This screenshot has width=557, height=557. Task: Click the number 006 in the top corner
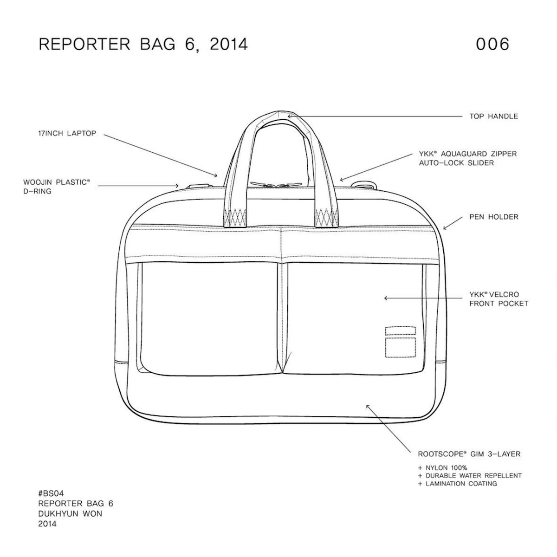(x=492, y=44)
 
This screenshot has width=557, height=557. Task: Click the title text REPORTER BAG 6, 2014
(x=143, y=44)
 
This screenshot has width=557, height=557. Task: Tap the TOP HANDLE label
(x=493, y=116)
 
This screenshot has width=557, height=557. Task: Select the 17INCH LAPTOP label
(x=67, y=133)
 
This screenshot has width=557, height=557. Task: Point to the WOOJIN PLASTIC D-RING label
(x=56, y=187)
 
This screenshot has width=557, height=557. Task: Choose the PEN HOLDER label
(x=493, y=217)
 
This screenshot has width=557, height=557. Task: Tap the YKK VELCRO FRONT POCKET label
(x=499, y=299)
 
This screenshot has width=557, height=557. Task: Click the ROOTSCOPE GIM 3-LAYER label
(x=469, y=453)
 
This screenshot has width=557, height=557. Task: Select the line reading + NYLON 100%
(x=442, y=467)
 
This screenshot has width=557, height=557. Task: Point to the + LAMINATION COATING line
(x=457, y=484)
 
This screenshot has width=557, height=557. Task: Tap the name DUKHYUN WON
(x=71, y=514)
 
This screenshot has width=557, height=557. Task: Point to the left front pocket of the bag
(x=209, y=316)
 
